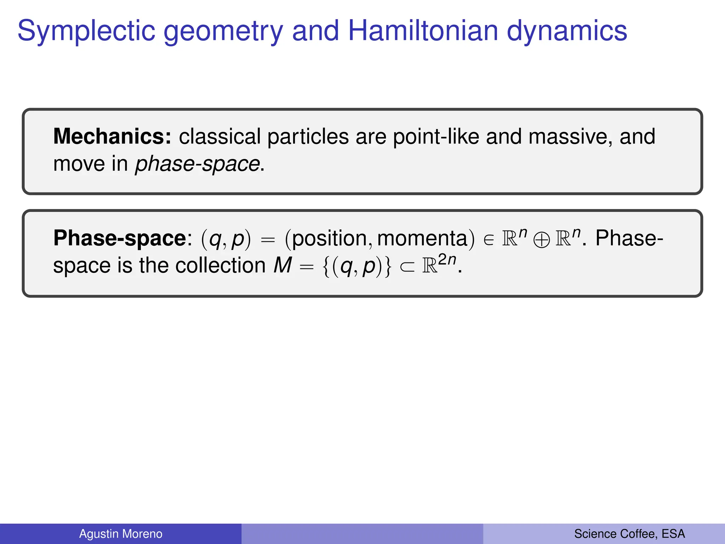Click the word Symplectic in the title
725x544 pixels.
click(x=86, y=31)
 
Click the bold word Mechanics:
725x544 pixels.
click(x=112, y=136)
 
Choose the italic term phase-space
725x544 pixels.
click(x=198, y=164)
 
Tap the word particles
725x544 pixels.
click(x=308, y=137)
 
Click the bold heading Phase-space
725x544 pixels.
click(x=120, y=238)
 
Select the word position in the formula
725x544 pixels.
click(x=330, y=238)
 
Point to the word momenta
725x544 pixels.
click(x=422, y=238)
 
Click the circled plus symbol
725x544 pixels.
click(x=542, y=240)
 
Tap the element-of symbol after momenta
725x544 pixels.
click(x=489, y=240)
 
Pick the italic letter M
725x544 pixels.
click(x=283, y=265)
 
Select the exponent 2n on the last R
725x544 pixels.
click(x=447, y=260)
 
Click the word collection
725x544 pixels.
click(x=221, y=265)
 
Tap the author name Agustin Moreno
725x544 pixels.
click(x=121, y=534)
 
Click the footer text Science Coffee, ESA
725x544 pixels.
click(x=629, y=534)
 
